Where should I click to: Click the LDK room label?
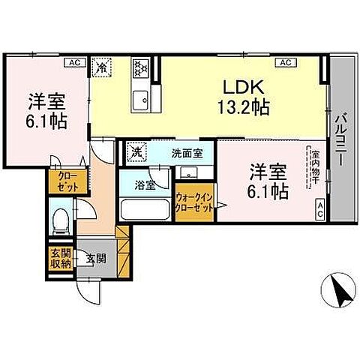click(x=242, y=86)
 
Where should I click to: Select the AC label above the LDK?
click(x=286, y=63)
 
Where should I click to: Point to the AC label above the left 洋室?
click(x=75, y=63)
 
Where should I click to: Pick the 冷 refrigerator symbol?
click(x=101, y=66)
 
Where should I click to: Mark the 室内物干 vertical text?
click(x=316, y=170)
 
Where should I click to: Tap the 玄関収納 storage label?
click(x=61, y=257)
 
